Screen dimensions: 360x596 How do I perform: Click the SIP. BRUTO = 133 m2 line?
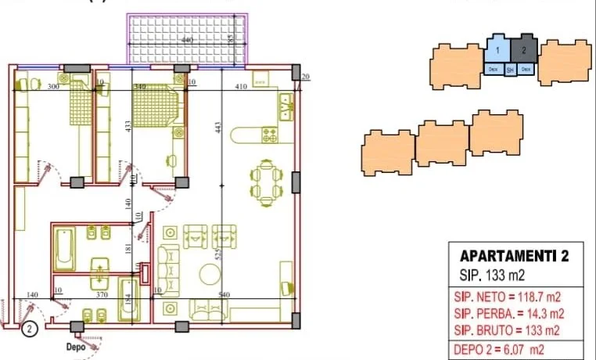click(x=507, y=329)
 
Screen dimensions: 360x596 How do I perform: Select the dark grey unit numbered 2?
click(x=522, y=51)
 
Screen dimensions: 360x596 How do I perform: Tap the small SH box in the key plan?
click(x=510, y=70)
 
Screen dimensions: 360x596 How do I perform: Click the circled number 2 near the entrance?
click(x=29, y=329)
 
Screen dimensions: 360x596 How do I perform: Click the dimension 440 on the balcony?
click(x=186, y=39)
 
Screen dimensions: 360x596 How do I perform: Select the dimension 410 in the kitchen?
click(x=241, y=86)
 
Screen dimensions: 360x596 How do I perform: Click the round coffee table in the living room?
click(x=210, y=274)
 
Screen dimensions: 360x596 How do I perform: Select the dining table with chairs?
click(x=266, y=182)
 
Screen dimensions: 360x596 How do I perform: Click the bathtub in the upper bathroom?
click(x=64, y=248)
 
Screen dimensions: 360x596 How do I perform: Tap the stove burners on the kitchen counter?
click(x=270, y=135)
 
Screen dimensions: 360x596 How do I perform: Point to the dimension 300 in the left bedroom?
click(x=53, y=86)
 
